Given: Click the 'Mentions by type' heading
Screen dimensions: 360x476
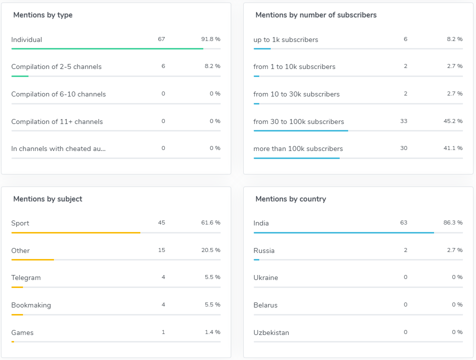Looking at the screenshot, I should tap(43, 15).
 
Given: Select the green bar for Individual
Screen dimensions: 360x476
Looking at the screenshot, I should tap(107, 48).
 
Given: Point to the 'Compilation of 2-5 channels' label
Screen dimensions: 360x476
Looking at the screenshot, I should tap(56, 66).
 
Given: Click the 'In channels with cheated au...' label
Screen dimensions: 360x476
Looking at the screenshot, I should tap(58, 148).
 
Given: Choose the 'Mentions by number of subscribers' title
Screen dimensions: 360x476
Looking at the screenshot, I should tap(316, 15).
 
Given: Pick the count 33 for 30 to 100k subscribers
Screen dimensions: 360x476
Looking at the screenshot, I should tap(404, 121).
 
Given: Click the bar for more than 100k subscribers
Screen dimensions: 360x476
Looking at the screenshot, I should tap(297, 158).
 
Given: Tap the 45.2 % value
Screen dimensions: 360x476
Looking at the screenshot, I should tap(453, 121).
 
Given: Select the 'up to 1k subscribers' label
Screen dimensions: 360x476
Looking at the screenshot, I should tap(286, 39).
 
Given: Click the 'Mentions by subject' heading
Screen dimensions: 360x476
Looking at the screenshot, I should tap(48, 199).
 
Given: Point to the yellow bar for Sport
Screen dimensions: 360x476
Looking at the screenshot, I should tap(76, 232).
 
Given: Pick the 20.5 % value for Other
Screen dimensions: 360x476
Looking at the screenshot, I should tap(211, 250).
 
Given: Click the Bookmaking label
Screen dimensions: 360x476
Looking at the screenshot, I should tap(31, 305).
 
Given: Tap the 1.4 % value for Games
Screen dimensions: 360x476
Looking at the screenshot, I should tap(213, 332).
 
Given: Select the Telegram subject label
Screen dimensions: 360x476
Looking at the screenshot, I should tap(26, 277).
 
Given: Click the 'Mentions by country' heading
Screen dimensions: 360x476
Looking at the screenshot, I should tap(291, 199).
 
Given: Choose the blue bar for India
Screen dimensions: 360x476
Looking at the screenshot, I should tap(344, 232).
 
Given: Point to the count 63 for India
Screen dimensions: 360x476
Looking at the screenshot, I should tap(404, 222).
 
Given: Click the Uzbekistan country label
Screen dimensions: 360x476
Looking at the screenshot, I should tap(271, 332).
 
